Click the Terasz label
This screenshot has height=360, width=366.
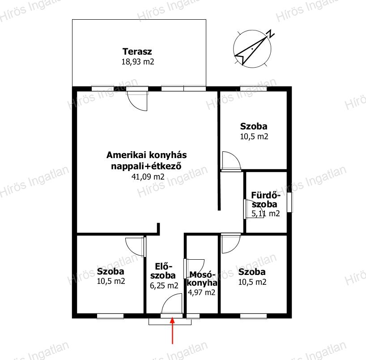pos(137,51)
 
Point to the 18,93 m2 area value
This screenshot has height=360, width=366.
pos(138,62)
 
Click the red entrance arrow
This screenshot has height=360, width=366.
pos(172,330)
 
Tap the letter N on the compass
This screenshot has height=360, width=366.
pos(271,34)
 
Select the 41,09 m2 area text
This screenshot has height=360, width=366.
pos(148,176)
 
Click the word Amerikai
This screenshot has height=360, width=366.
pos(126,155)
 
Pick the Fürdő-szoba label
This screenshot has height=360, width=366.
pos(265,200)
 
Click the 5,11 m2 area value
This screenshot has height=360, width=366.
pos(266,213)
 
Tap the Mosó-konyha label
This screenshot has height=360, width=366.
pos(202,279)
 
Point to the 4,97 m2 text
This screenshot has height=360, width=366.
pos(201,292)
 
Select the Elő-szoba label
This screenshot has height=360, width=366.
pos(163,271)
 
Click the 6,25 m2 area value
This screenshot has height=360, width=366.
pos(164,286)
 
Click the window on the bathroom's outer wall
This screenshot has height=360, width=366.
pos(289,202)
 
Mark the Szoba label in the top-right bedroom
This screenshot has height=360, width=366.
pos(254,126)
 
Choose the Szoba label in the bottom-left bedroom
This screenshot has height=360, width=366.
pos(111,271)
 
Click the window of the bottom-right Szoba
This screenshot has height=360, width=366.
pos(254,316)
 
